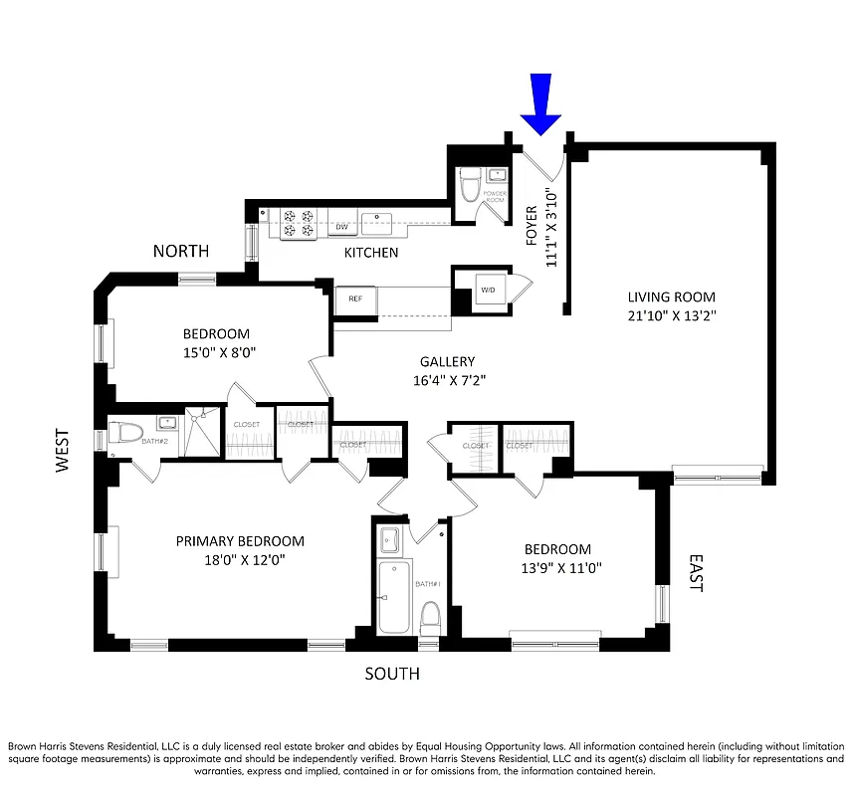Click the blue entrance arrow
click(x=542, y=104)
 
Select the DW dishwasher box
click(x=340, y=227)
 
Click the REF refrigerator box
click(x=353, y=298)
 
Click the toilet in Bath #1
click(x=430, y=617)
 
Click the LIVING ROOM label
click(x=671, y=297)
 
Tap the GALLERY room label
click(x=447, y=362)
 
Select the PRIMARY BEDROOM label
click(x=240, y=541)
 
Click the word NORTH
click(x=181, y=251)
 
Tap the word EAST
click(x=695, y=574)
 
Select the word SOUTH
click(x=391, y=675)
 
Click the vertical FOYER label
click(x=532, y=225)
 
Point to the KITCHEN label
click(x=371, y=253)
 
